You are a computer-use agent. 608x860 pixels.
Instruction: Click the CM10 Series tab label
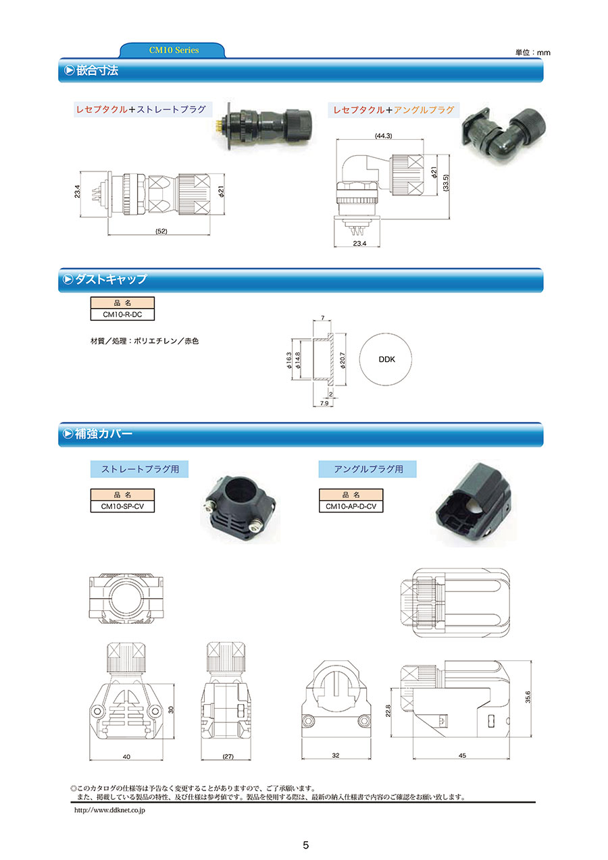pos(174,50)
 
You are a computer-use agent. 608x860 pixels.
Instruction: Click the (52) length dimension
pos(161,232)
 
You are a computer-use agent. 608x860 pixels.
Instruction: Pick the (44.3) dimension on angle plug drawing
pos(384,136)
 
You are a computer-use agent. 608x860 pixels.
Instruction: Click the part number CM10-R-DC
pos(122,315)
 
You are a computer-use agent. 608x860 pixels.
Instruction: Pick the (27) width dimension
pos(227,757)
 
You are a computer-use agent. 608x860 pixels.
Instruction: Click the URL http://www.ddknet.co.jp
pos(109,810)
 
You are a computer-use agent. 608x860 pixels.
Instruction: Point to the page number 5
pos(305,845)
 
